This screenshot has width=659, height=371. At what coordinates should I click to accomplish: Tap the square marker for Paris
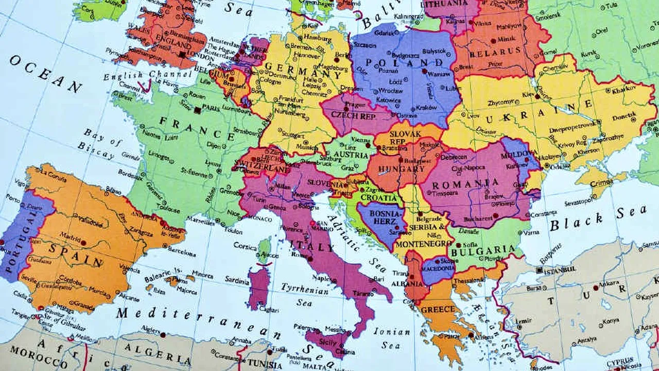(198, 110)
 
